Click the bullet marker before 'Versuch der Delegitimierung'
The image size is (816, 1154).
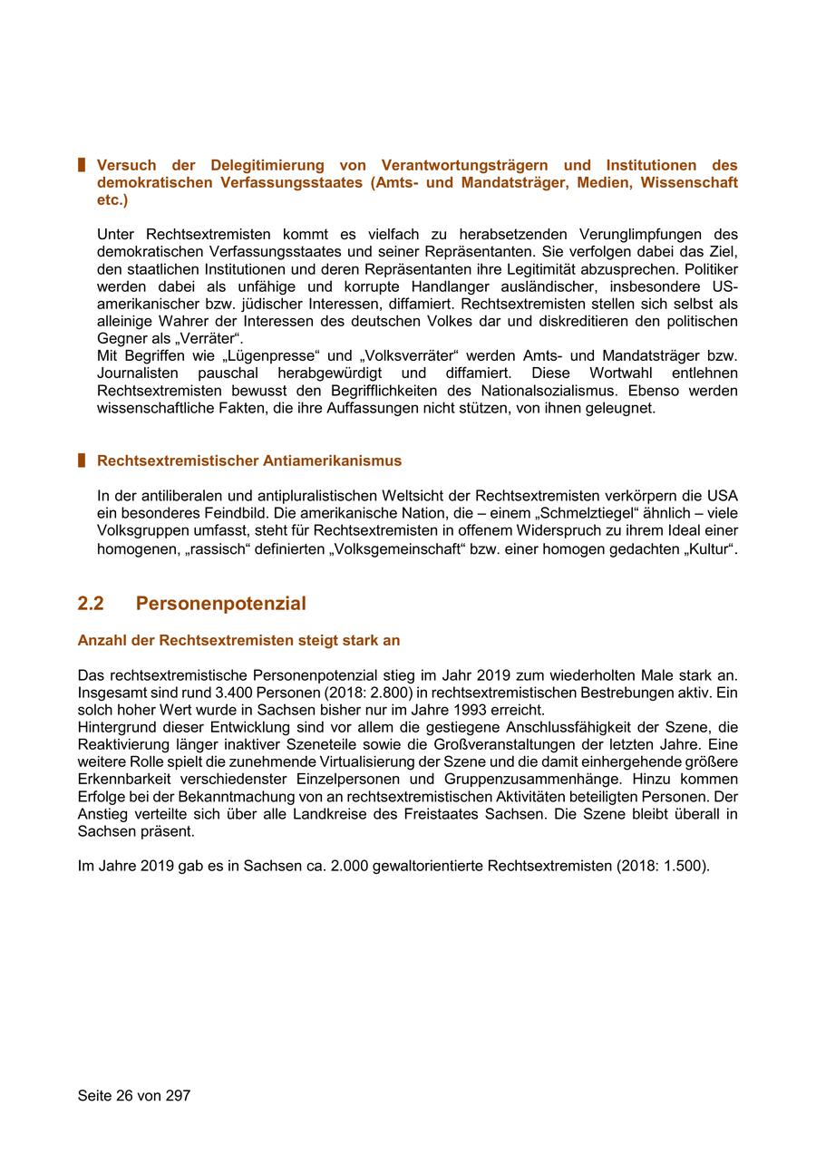click(x=82, y=165)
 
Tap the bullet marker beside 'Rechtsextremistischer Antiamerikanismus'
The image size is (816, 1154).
click(x=82, y=461)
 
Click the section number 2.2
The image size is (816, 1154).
click(x=91, y=604)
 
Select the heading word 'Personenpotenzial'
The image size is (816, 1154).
click(x=220, y=604)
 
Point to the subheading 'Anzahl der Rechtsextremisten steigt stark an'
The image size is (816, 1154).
click(x=238, y=640)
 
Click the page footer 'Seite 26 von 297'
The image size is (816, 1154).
click(x=134, y=1095)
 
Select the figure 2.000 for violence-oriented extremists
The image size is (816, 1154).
click(x=346, y=866)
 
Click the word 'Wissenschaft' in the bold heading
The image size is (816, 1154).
click(x=689, y=182)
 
